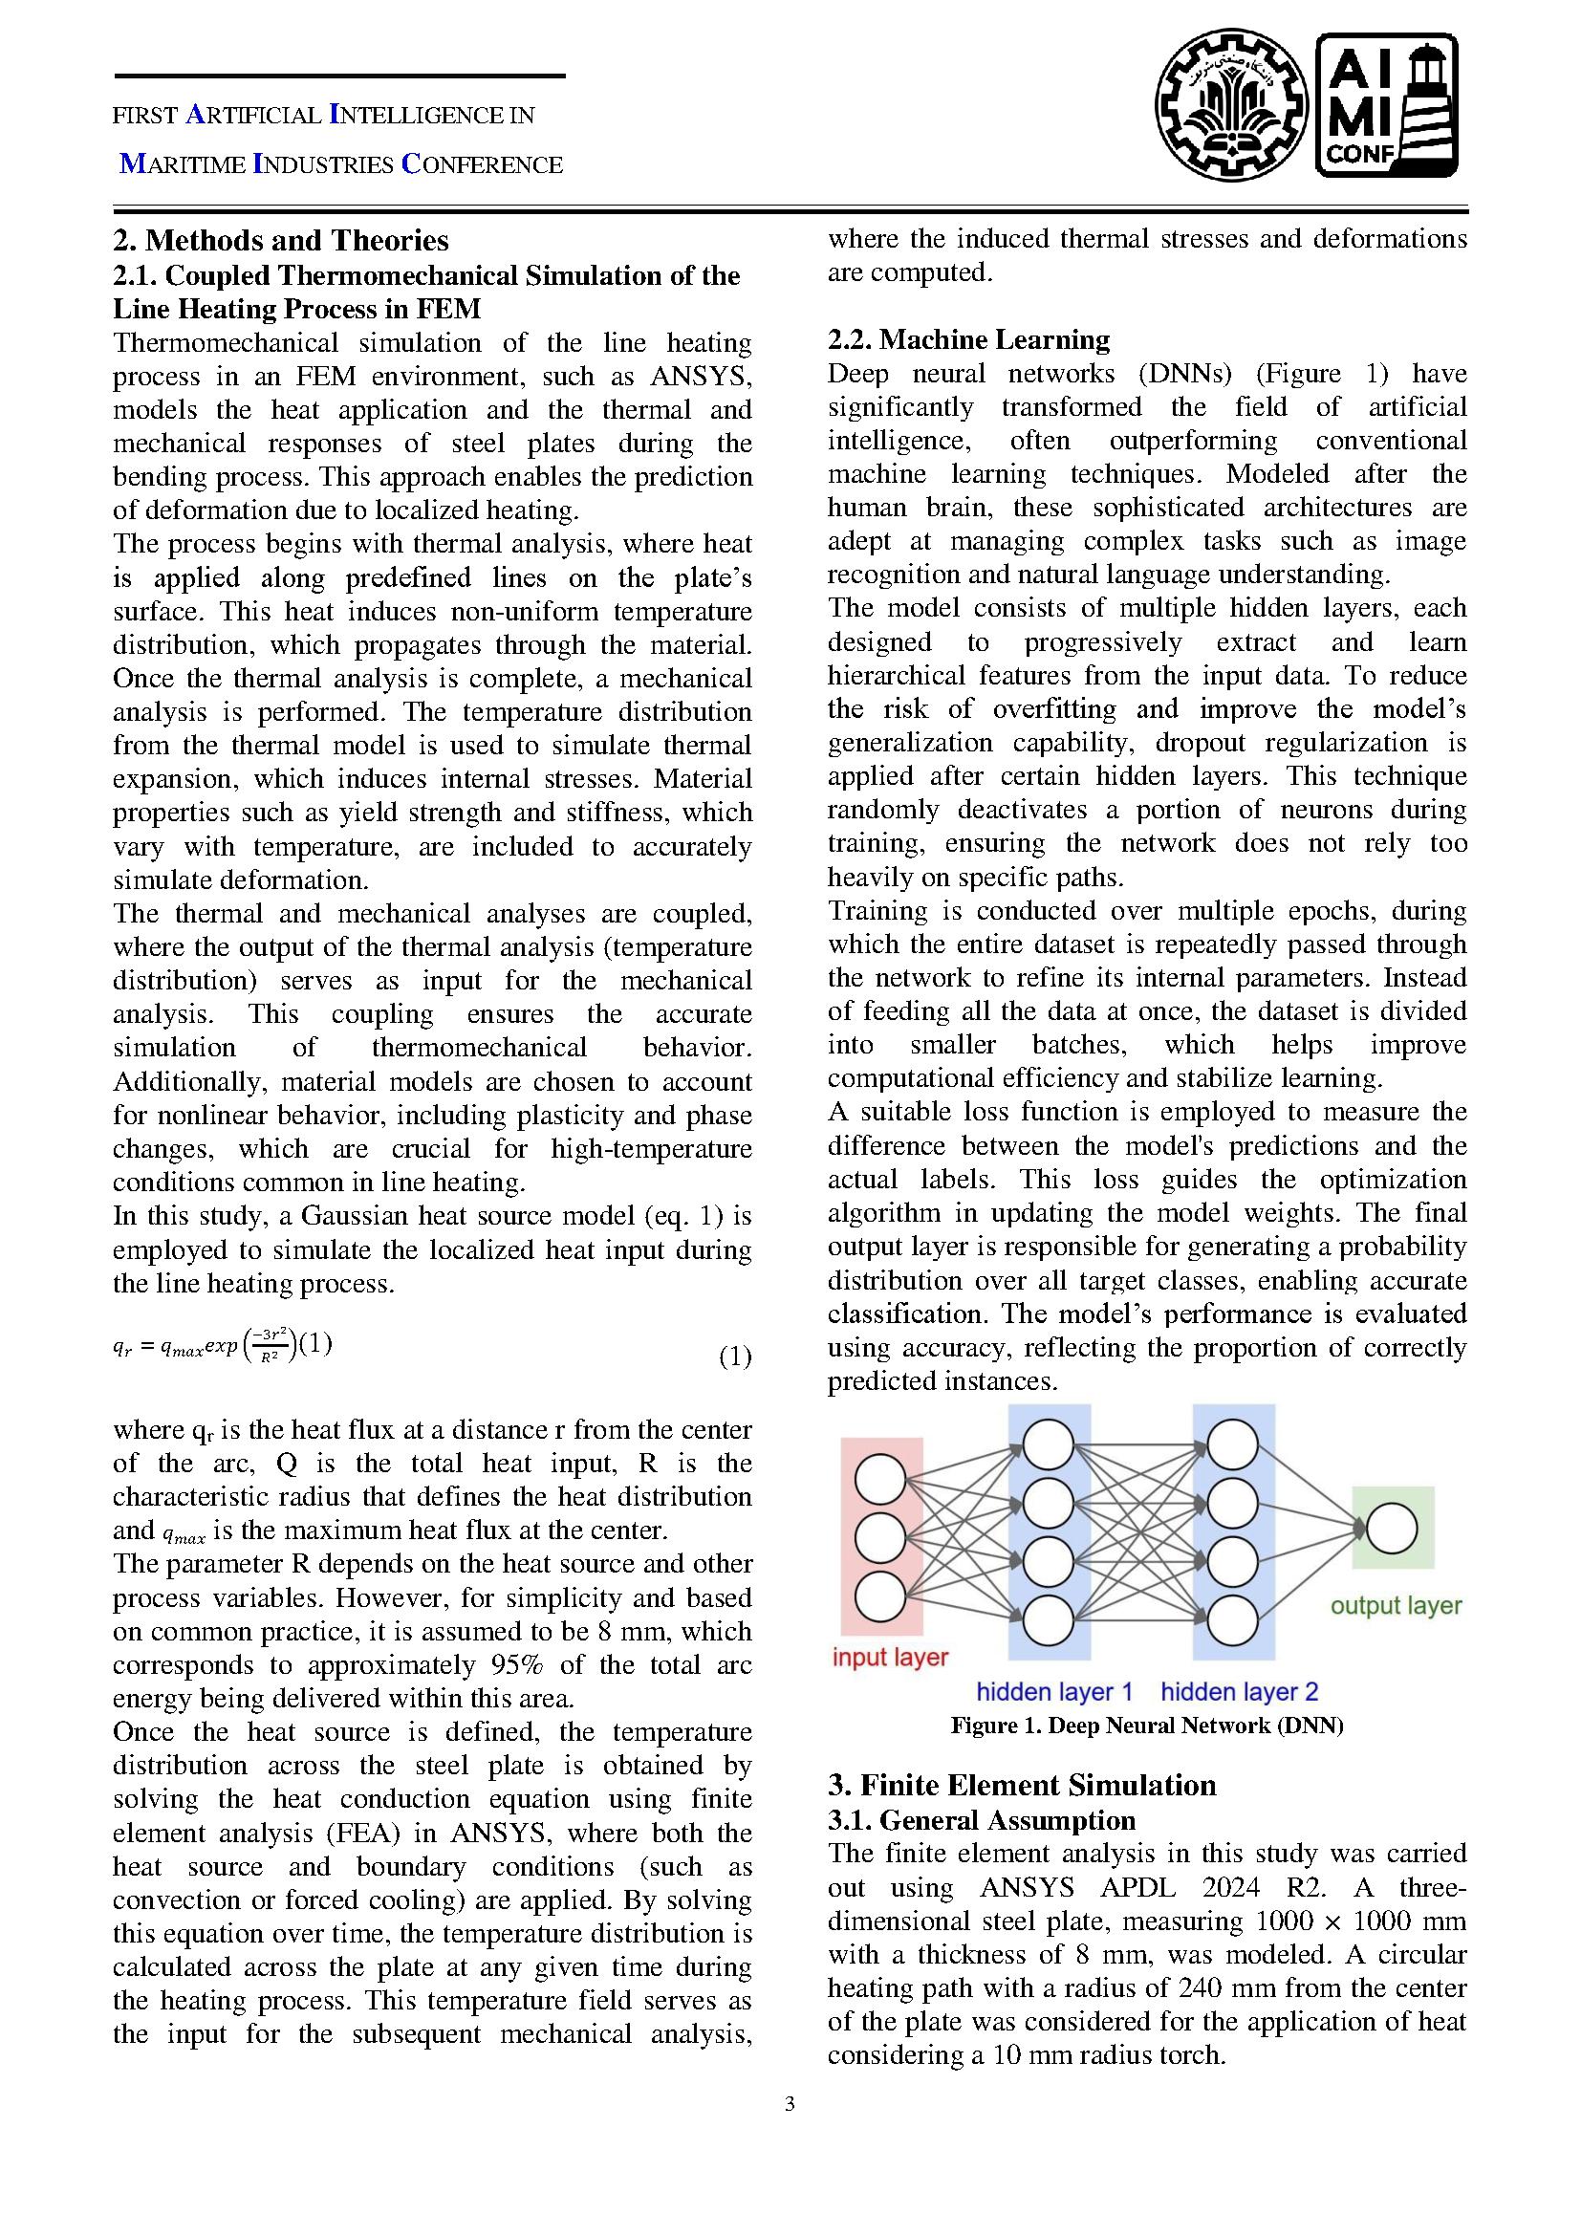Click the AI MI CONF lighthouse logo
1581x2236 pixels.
point(1387,106)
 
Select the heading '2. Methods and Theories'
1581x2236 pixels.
point(280,241)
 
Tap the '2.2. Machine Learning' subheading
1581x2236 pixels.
point(967,340)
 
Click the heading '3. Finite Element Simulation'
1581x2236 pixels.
point(1021,1785)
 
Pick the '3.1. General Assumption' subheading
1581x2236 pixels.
point(982,1820)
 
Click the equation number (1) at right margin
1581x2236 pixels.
point(735,1356)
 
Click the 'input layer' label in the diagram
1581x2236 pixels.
point(890,1657)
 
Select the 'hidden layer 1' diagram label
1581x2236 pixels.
point(1054,1692)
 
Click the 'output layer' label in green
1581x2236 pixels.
point(1396,1606)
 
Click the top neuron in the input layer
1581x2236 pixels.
point(880,1479)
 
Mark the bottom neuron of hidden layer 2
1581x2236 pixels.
point(1231,1620)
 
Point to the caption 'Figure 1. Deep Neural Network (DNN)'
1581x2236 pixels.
point(1147,1726)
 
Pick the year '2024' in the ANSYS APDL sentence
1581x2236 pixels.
point(1233,1887)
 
